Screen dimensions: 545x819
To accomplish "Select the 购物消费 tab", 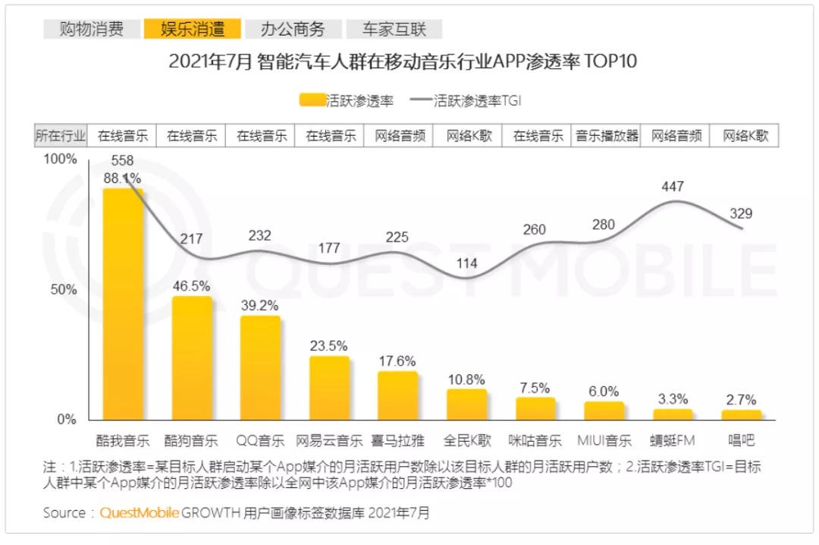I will click(92, 30).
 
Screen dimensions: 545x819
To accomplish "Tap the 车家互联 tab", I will click(394, 30).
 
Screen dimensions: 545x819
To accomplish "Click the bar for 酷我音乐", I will click(123, 304).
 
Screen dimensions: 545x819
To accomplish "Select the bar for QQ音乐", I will click(260, 367).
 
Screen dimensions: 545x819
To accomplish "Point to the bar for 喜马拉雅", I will click(397, 395).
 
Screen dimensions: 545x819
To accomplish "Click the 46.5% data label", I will click(192, 285).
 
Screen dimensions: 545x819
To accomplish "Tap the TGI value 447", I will click(672, 187).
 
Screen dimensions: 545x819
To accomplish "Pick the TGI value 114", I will click(466, 263).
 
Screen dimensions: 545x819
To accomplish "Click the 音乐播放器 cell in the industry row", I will click(607, 136).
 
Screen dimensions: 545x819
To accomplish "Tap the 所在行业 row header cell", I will click(61, 136).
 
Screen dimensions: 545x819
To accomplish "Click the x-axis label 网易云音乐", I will click(329, 440).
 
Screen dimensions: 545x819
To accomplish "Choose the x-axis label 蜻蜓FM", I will click(673, 440).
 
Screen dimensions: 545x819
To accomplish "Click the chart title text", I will click(403, 61).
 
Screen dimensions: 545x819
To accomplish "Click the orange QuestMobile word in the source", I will click(140, 513).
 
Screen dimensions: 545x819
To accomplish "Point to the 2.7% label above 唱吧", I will click(741, 400).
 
